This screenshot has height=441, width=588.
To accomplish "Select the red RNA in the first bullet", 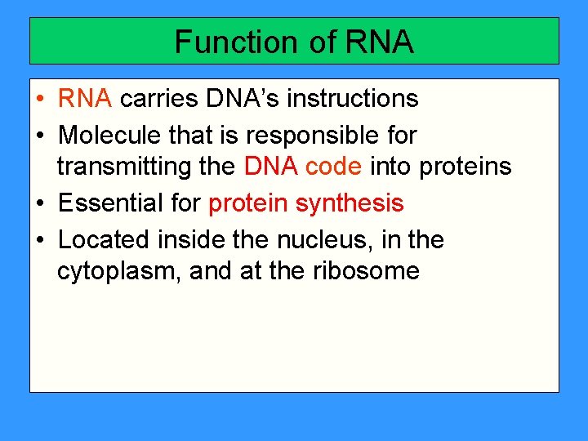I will [85, 99].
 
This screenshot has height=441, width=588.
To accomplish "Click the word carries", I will [160, 99].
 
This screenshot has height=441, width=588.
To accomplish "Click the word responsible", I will [314, 134].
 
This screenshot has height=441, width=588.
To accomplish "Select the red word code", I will [333, 167].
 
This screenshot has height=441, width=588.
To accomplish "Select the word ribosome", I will [366, 271].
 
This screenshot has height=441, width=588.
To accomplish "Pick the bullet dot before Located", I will [40, 240].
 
